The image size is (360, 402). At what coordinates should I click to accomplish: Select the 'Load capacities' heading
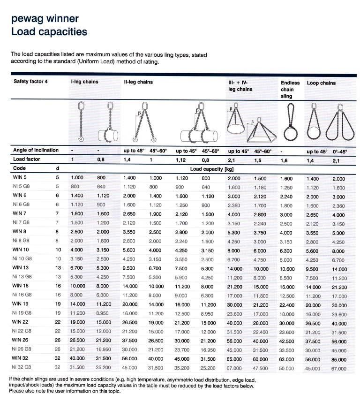coord(49,32)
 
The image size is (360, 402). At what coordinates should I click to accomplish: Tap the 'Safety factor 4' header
coord(31,82)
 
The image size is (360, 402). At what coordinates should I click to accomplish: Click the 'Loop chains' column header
coord(321,83)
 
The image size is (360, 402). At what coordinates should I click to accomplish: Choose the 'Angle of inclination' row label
coord(36,150)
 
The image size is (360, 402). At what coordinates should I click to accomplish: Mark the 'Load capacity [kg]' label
coord(210,168)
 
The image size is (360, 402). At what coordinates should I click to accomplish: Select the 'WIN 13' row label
coord(22,267)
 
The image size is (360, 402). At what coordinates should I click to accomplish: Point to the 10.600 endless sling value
coord(287,269)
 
